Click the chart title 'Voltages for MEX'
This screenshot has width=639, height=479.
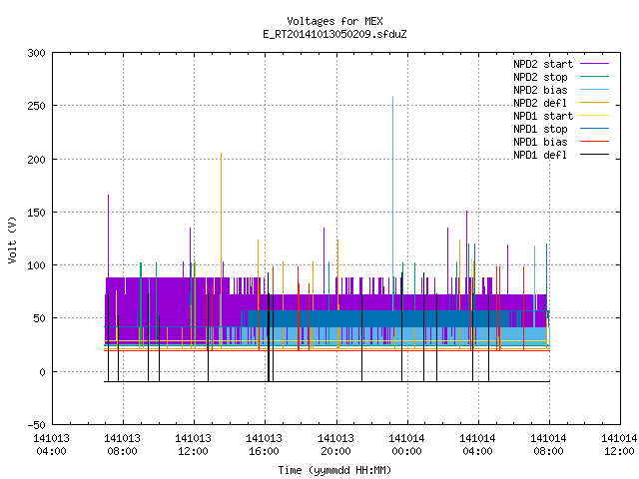tap(334, 21)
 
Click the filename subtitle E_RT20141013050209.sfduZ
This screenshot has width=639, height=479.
tap(334, 34)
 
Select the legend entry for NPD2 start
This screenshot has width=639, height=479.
tap(561, 64)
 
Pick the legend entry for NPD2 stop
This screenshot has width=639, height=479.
tap(561, 77)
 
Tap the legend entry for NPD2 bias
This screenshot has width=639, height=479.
tap(561, 90)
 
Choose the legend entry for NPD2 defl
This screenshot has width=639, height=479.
tap(561, 103)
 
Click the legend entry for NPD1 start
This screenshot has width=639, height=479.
tap(561, 116)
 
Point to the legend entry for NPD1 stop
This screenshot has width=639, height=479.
tap(561, 129)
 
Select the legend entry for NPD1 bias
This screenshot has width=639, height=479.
tap(561, 142)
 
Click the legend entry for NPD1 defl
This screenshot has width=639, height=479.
tap(561, 156)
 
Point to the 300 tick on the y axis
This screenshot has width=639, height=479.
tap(36, 53)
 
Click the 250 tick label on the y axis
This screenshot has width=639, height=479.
tap(36, 106)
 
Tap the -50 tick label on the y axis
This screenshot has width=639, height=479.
tap(36, 425)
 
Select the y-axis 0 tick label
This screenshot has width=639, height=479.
tap(42, 372)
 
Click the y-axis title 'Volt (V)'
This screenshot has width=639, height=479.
tap(12, 239)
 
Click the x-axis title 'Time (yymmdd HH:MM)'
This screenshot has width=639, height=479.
tap(334, 470)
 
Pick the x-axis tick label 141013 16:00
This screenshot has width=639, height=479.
tap(264, 445)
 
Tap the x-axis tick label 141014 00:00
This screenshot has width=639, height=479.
tap(406, 445)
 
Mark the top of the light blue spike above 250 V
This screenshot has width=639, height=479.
tap(392, 98)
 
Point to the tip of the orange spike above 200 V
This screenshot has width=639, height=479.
tap(222, 153)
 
